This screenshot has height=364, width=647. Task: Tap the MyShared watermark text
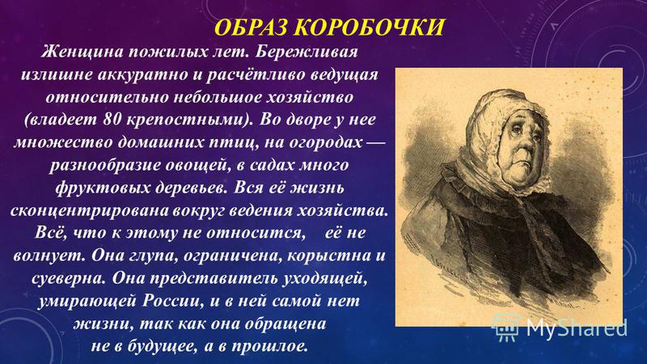point(577,328)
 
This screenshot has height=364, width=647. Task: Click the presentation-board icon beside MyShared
point(507,328)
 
